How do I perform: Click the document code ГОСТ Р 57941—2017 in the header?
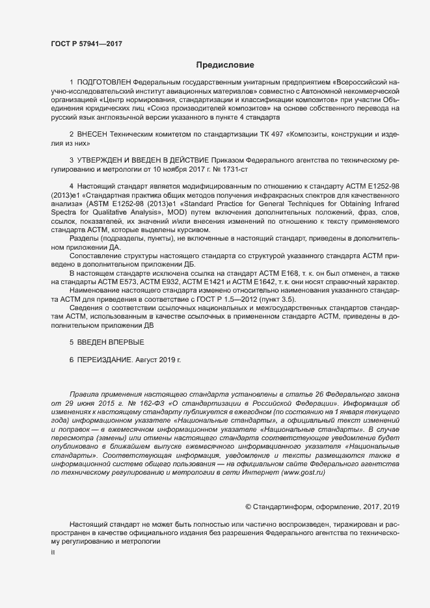tap(86, 44)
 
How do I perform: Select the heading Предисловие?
tap(225, 65)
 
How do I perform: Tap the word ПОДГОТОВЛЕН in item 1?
tap(104, 83)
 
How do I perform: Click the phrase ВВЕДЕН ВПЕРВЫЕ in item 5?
tap(111, 342)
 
